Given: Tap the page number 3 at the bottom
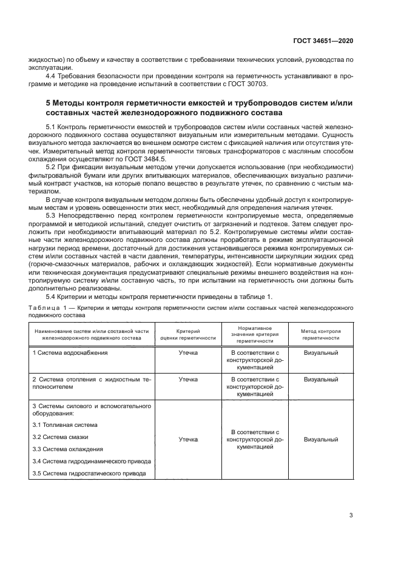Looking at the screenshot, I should click(x=351, y=515).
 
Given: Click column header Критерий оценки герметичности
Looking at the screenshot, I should click(x=188, y=335).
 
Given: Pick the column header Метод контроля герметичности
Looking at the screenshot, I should click(x=321, y=335).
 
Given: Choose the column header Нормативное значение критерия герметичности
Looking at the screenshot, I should click(x=255, y=335).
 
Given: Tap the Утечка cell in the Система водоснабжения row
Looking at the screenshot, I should click(x=188, y=352).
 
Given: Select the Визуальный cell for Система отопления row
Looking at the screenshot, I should click(x=321, y=379).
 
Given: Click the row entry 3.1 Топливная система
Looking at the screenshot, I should click(x=64, y=425).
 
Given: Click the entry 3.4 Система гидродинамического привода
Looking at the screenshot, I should click(x=89, y=461).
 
